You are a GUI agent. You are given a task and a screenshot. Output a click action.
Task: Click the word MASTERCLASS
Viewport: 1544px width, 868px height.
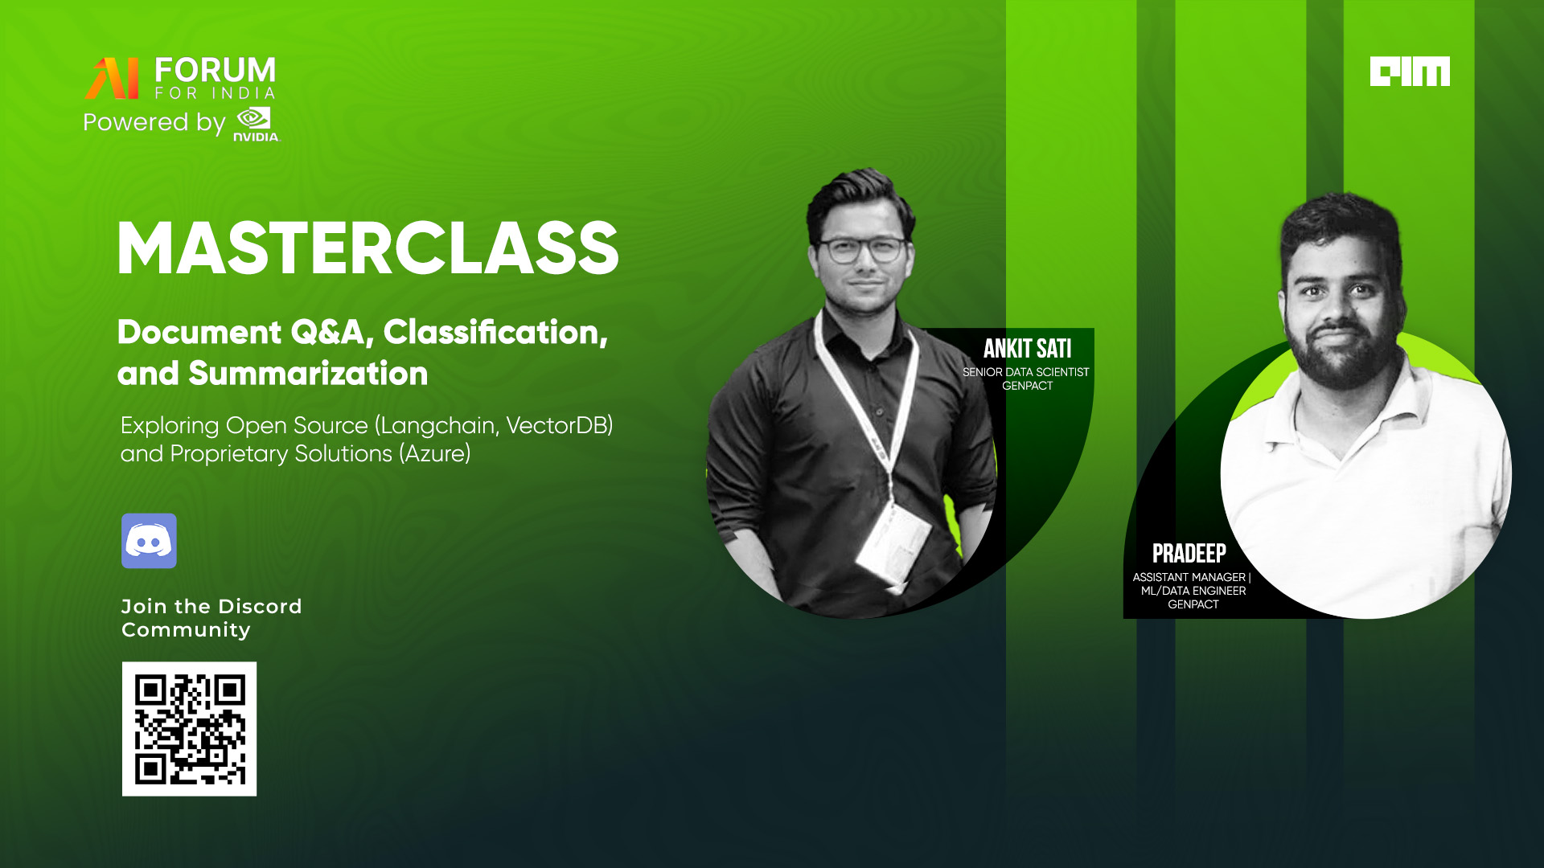tap(368, 249)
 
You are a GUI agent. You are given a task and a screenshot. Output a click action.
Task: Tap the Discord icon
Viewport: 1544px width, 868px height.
tap(149, 541)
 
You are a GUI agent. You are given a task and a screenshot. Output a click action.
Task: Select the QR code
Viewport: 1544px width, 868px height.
tap(189, 729)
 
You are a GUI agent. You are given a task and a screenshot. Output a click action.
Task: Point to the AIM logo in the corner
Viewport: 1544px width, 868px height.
tap(1410, 71)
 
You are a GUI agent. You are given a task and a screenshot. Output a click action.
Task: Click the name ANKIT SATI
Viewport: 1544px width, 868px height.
tap(1027, 349)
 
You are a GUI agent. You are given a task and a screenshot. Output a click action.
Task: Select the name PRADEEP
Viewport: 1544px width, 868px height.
tap(1189, 554)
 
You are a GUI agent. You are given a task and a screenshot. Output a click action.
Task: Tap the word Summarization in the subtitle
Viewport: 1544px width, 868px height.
tap(308, 374)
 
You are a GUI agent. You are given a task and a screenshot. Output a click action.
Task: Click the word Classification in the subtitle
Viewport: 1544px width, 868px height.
tap(495, 333)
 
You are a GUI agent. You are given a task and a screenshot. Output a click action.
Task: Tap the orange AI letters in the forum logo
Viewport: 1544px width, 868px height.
tap(112, 78)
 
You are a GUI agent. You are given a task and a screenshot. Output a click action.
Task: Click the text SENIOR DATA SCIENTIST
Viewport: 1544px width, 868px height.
tap(1025, 372)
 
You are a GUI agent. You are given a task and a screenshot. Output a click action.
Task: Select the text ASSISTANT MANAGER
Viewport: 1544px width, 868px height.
tap(1189, 577)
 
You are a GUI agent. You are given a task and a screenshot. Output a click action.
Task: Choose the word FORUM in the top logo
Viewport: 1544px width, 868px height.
tap(215, 70)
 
